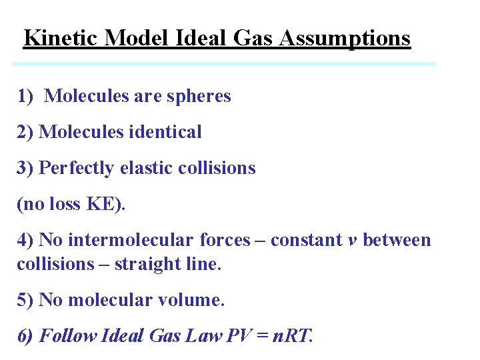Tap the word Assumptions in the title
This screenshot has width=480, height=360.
345,38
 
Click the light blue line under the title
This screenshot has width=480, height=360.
224,64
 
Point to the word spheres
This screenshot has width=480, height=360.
199,96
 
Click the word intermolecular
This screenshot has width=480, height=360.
133,240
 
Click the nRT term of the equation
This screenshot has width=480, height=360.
291,335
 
